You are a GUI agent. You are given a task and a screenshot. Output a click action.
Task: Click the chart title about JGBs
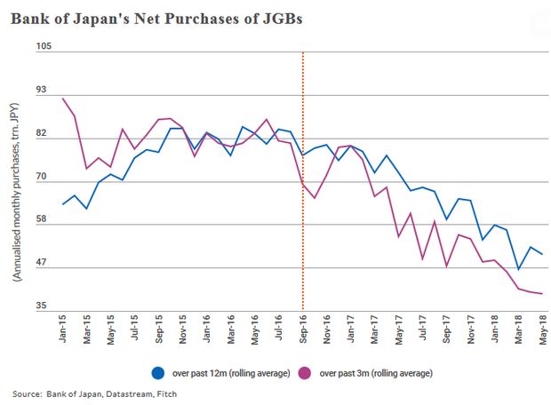pyautogui.click(x=157, y=20)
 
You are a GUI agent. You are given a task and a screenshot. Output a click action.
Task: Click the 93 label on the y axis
pyautogui.click(x=43, y=91)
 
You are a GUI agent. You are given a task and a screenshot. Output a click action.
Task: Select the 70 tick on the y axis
pyautogui.click(x=43, y=182)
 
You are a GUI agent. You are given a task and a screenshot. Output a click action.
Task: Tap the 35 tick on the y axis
pyautogui.click(x=43, y=306)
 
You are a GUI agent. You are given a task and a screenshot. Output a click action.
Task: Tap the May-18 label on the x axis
pyautogui.click(x=542, y=336)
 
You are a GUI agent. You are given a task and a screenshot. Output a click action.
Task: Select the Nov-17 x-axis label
pyautogui.click(x=470, y=336)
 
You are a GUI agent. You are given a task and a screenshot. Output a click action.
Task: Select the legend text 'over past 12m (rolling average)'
pyautogui.click(x=229, y=373)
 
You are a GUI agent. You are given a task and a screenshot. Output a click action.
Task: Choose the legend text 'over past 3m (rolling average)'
pyautogui.click(x=374, y=373)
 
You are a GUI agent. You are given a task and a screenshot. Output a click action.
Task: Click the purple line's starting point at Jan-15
pyautogui.click(x=63, y=99)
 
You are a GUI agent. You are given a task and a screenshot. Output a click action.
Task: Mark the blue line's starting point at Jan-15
pyautogui.click(x=63, y=204)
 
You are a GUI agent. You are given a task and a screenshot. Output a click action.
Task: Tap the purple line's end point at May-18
pyautogui.click(x=542, y=294)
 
